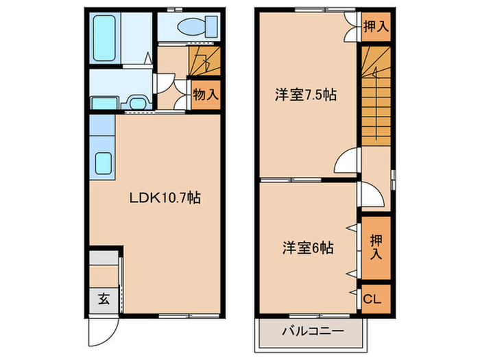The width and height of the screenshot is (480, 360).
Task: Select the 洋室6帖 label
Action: tap(309, 248)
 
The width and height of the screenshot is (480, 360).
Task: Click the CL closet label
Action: tap(371, 299)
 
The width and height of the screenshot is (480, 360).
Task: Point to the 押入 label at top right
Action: tap(374, 27)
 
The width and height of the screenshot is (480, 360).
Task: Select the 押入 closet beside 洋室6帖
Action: tap(375, 247)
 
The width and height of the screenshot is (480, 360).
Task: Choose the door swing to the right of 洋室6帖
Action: tap(371, 195)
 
